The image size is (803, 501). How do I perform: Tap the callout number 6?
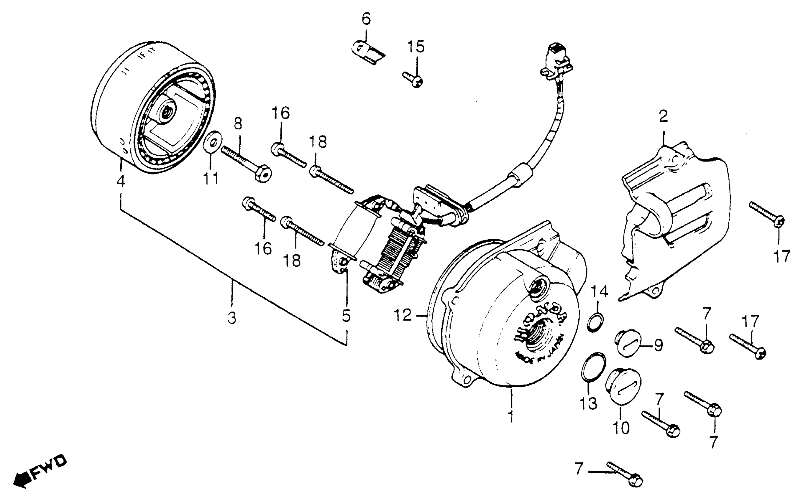point(366,19)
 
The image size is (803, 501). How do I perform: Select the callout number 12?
point(403,315)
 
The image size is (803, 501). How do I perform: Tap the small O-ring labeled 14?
point(595,321)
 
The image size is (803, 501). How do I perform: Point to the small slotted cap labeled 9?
point(629,343)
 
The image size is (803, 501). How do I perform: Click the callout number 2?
point(663,116)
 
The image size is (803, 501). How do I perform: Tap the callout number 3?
point(232,318)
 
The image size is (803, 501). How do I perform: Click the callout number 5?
point(346,316)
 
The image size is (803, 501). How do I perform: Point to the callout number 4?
point(121,181)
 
